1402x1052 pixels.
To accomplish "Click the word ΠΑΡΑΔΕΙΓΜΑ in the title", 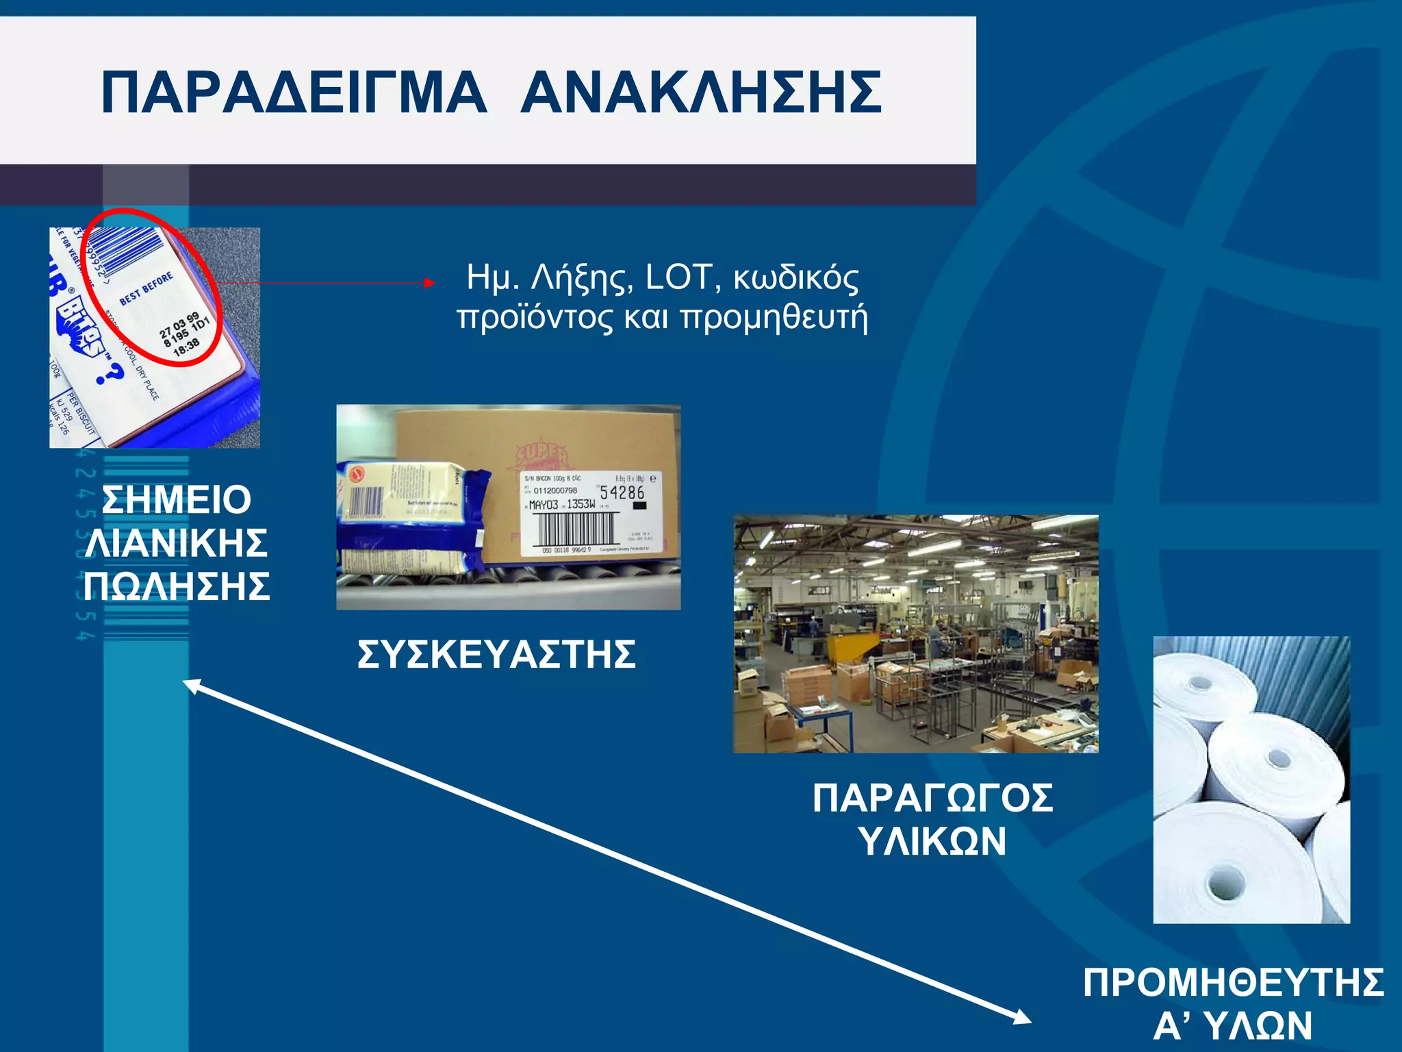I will pyautogui.click(x=294, y=92).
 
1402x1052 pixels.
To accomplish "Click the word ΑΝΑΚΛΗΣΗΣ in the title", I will pyautogui.click(x=701, y=92).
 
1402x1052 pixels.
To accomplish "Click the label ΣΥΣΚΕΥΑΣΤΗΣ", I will pyautogui.click(x=496, y=654).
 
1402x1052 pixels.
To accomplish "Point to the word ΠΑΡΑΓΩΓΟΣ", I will pyautogui.click(x=932, y=798).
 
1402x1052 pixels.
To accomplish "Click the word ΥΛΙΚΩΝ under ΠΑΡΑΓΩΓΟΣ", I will pyautogui.click(x=932, y=841).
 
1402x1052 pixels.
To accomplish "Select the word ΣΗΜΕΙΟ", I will pyautogui.click(x=177, y=499).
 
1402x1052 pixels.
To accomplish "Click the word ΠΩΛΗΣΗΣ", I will pyautogui.click(x=177, y=586).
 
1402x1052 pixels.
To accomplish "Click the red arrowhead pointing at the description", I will pyautogui.click(x=429, y=282).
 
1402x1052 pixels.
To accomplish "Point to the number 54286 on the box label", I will pyautogui.click(x=622, y=492).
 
